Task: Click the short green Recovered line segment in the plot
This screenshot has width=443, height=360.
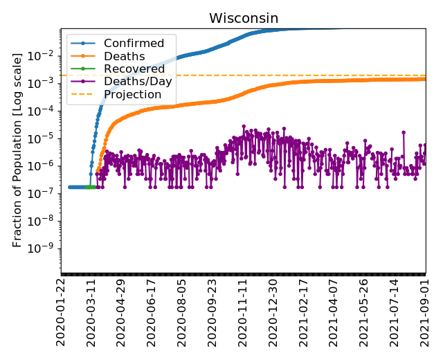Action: click(89, 187)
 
